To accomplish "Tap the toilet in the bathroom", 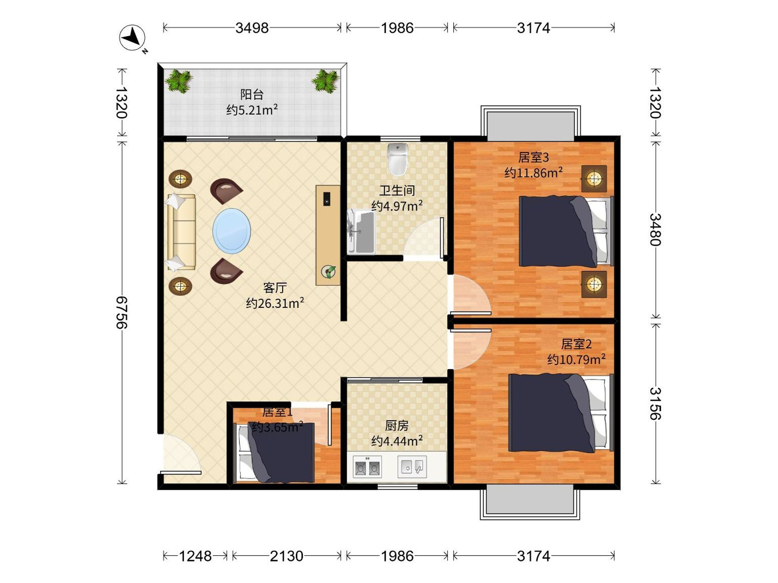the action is click(398, 159).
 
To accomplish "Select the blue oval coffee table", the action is click(231, 231).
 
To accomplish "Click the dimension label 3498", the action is click(252, 28).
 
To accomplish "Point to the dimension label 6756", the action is click(122, 313).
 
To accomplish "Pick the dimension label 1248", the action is click(195, 556).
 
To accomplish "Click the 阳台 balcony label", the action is click(252, 94).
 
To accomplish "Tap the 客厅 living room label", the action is click(275, 288).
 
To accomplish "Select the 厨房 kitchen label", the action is click(397, 426).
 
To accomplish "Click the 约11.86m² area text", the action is click(534, 173).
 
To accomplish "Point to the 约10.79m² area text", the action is click(576, 359).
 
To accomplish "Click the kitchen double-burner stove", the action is click(367, 467).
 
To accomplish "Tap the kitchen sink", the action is click(412, 467).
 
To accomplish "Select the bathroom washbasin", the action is click(361, 232).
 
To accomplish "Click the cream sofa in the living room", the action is click(181, 232).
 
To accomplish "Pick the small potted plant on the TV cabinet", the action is click(328, 272).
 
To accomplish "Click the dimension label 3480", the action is click(655, 229).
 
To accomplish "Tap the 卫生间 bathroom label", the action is click(397, 190).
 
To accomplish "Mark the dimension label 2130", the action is click(286, 556).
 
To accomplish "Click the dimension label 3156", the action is click(655, 404).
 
